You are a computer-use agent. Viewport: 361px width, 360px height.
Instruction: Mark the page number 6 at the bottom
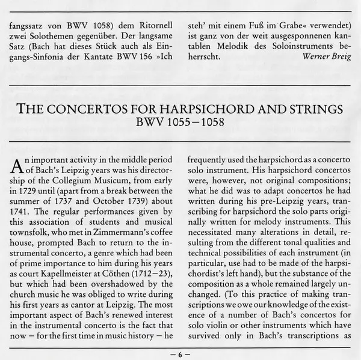tap(180, 355)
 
